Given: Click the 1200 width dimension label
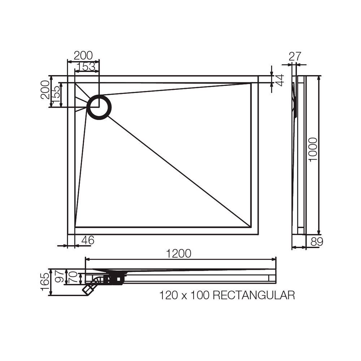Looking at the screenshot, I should pos(179,254).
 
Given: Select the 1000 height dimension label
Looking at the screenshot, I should pos(313,149).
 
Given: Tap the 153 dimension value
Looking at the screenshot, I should pos(87,67).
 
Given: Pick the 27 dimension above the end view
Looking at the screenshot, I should pos(295,56).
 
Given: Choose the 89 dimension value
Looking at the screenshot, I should pos(317,242).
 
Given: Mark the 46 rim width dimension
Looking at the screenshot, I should pos(87,240).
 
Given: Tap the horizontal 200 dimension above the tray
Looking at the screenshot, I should pos(83,56).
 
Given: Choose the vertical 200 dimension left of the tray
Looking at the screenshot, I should pos(45,90).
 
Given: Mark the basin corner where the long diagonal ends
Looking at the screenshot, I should pos(251,227).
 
